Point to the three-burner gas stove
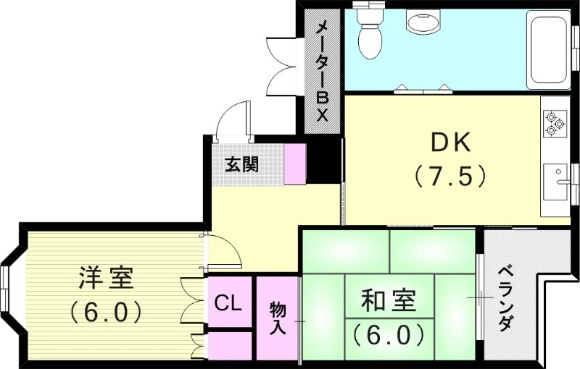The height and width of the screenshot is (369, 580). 555,122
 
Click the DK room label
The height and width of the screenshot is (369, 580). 451,143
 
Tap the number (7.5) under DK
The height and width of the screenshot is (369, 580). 449,176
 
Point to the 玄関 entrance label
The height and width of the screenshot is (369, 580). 241,165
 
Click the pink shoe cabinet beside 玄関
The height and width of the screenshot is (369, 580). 296,164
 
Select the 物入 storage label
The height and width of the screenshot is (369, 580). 278,318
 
